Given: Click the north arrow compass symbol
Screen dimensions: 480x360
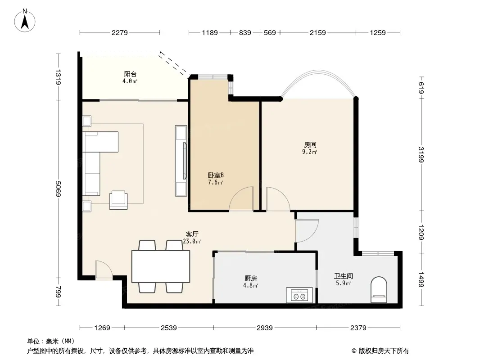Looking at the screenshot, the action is coord(25,21).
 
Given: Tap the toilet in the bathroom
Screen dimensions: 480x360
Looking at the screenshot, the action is coord(379,290).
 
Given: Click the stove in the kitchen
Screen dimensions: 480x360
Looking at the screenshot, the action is coord(299,295).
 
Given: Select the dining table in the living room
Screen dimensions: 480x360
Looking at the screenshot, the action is coord(161,266).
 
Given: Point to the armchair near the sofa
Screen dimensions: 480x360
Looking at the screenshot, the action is coord(118,200).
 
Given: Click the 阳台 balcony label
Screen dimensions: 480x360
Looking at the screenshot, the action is coord(130,74).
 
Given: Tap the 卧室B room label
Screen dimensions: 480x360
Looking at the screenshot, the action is coord(216,175).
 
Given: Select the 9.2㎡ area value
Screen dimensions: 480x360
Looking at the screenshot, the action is coord(309,152).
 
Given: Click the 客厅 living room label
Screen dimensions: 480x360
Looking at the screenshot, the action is coord(192,234).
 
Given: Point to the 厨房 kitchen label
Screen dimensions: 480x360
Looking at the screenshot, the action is coord(251,279).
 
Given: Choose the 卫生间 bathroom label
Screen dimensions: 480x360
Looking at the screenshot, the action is coord(344,276).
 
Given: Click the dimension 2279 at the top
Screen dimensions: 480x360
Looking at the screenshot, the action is coord(119,32).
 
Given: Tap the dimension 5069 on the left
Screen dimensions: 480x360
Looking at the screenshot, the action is coord(58,189).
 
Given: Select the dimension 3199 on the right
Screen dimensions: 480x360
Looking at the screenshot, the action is coord(421,155).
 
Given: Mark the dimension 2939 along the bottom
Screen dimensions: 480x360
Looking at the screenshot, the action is coord(264,328).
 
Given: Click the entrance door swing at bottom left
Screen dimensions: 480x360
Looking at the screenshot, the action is coord(104,270).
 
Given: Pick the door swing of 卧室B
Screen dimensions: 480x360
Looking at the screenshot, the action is coord(241,199).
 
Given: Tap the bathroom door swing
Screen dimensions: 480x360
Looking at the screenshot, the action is coord(307,231).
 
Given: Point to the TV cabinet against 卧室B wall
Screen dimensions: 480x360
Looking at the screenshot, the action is coord(181,161).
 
